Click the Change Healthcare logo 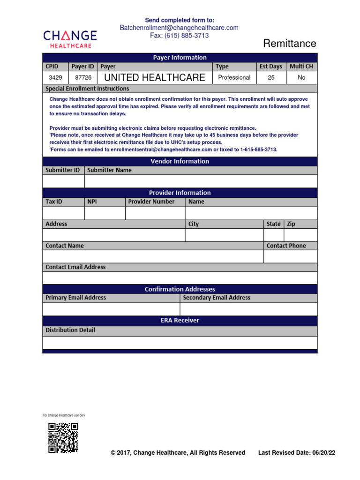[70, 38]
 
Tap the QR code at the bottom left [63, 437]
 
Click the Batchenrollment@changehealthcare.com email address [179, 28]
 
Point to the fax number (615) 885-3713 [179, 36]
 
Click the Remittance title [289, 44]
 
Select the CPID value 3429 [55, 77]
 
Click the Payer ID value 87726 [82, 77]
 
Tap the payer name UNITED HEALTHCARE [154, 77]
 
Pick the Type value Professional [234, 77]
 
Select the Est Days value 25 [271, 77]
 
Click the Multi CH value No [301, 77]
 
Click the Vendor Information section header [180, 161]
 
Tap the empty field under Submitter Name [201, 181]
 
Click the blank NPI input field [105, 213]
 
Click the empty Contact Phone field [290, 256]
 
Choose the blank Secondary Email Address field [248, 309]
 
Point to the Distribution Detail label [70, 330]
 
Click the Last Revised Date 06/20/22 [297, 453]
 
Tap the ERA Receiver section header [180, 321]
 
